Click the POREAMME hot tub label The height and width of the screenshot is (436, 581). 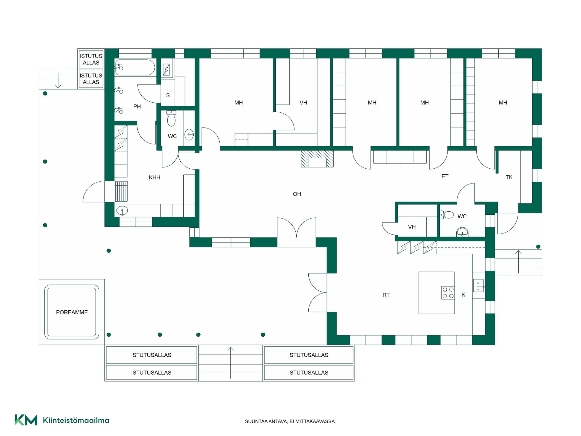[x=72, y=312]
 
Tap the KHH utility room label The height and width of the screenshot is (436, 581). [x=154, y=177]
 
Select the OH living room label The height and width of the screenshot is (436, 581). [x=297, y=194]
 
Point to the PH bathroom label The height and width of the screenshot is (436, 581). [x=137, y=107]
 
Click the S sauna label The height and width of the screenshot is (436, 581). [x=168, y=95]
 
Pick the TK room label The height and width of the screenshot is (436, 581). [x=509, y=177]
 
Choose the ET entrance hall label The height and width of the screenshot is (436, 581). [x=445, y=176]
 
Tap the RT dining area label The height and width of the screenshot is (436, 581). [x=386, y=295]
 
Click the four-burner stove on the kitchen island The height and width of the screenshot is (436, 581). [x=448, y=293]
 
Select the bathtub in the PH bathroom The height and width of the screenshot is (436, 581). [x=135, y=67]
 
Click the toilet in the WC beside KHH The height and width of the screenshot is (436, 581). [x=171, y=118]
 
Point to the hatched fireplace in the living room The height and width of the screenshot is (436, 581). [x=317, y=159]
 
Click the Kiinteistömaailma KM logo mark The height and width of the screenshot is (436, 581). [x=26, y=420]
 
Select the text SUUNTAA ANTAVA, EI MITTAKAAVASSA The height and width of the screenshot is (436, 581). [x=290, y=421]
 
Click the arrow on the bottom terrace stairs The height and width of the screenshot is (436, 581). [x=231, y=363]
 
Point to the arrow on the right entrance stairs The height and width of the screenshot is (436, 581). [x=518, y=262]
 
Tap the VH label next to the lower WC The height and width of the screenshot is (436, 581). [x=412, y=227]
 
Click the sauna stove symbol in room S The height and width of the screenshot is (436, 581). [x=166, y=70]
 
